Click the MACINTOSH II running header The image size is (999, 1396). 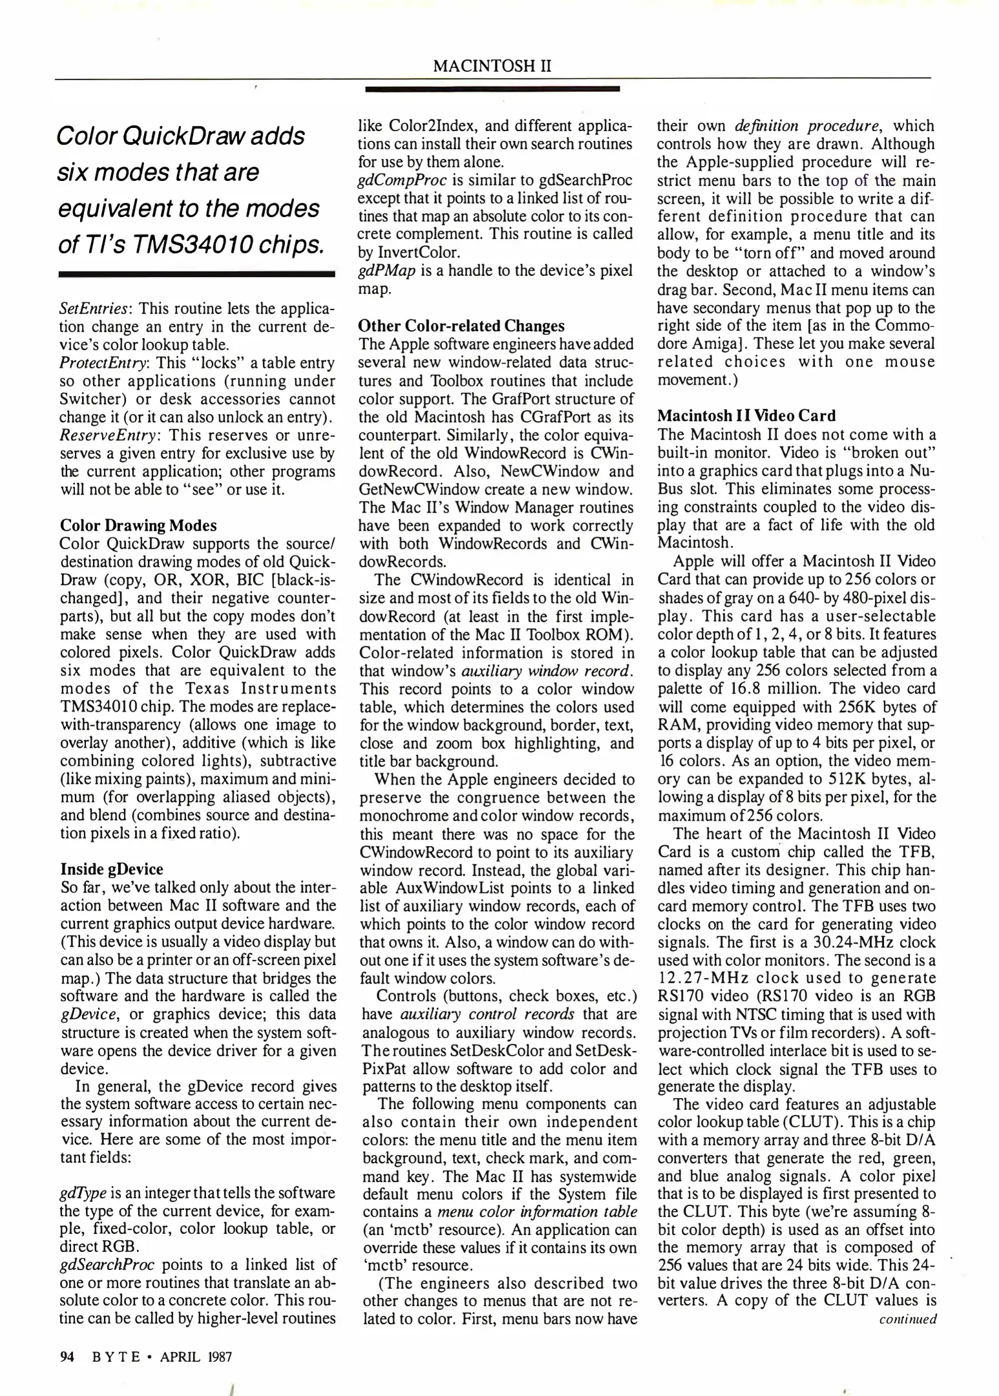pos(492,66)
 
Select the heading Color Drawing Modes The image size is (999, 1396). pos(138,525)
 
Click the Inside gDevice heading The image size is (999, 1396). pos(112,869)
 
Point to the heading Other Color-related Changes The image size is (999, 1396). pos(461,326)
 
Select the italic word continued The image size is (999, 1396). pos(907,1319)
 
